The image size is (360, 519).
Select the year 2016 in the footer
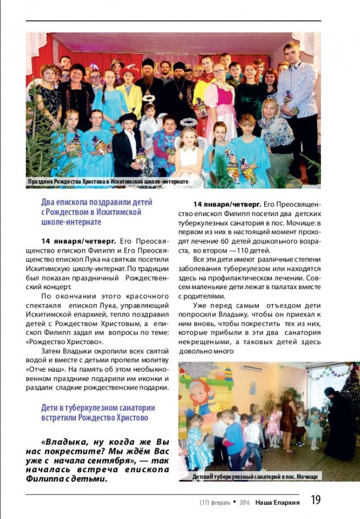(244, 502)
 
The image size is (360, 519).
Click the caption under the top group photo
(108, 181)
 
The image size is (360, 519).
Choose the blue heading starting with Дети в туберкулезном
(95, 412)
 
